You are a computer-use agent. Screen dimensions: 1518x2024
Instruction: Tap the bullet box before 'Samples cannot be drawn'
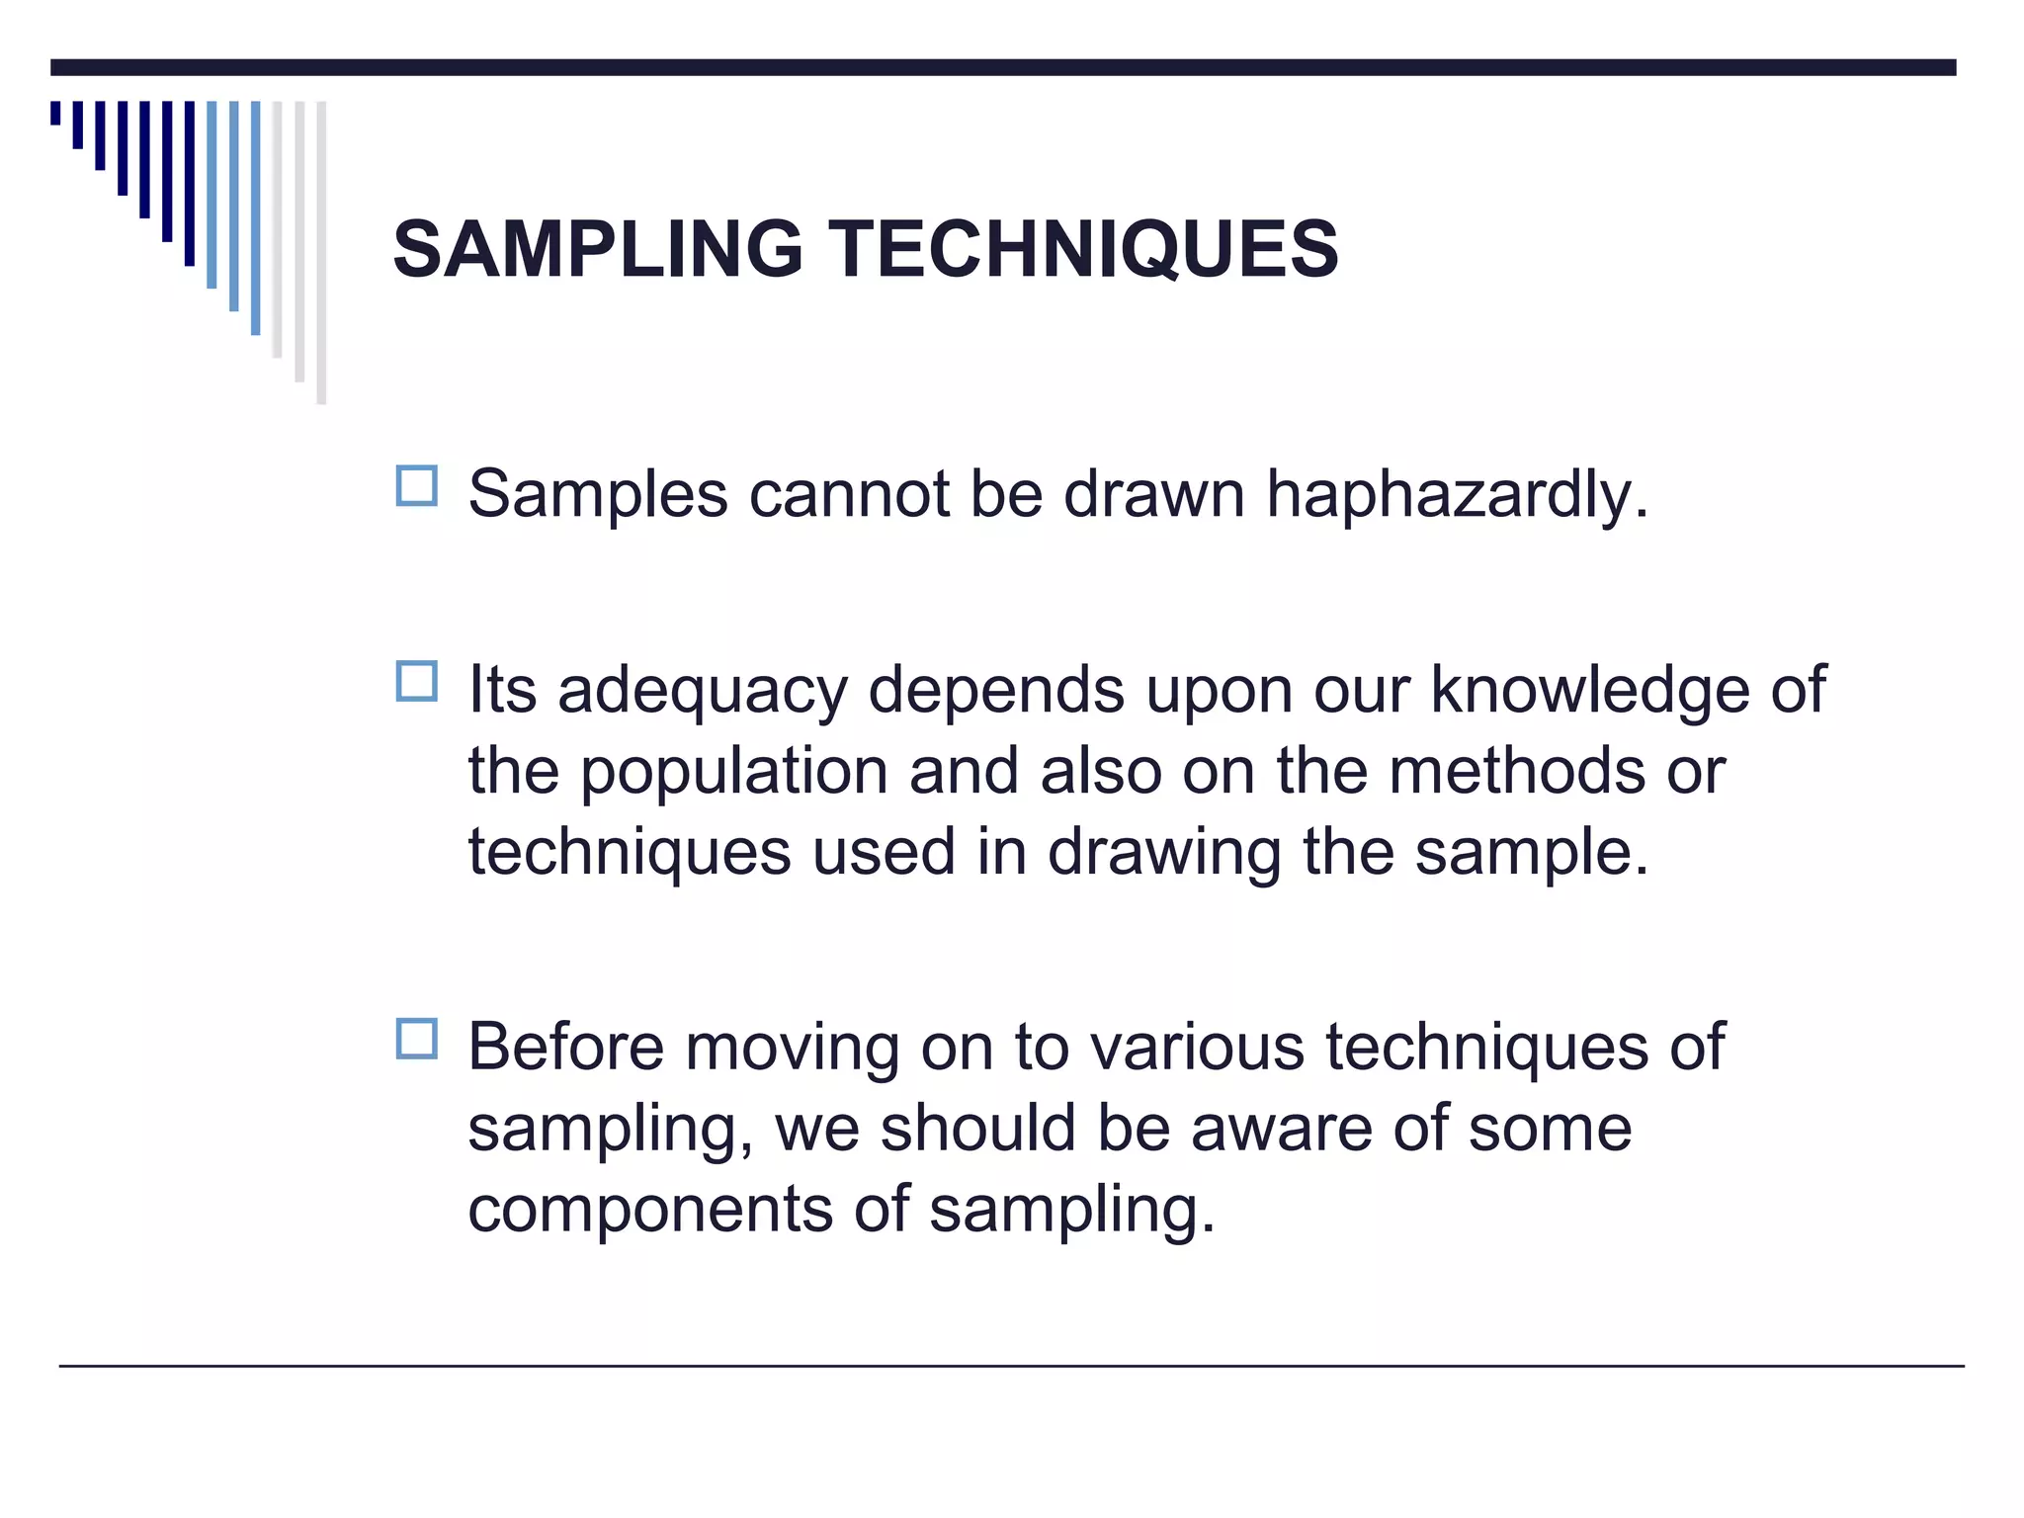(x=416, y=486)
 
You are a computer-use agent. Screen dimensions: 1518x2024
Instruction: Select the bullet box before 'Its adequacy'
(x=416, y=682)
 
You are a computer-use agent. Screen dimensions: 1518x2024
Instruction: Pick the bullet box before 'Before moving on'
(x=416, y=1040)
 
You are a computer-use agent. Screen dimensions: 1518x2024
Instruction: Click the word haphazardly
(x=1458, y=494)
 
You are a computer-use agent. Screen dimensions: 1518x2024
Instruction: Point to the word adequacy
(x=703, y=692)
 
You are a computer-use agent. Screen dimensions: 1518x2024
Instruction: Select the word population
(x=733, y=773)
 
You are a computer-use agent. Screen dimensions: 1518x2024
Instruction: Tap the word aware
(x=1282, y=1129)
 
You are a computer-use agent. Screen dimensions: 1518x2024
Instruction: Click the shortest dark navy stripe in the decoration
(x=55, y=113)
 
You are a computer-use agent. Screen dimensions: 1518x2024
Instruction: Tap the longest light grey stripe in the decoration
(x=321, y=252)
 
